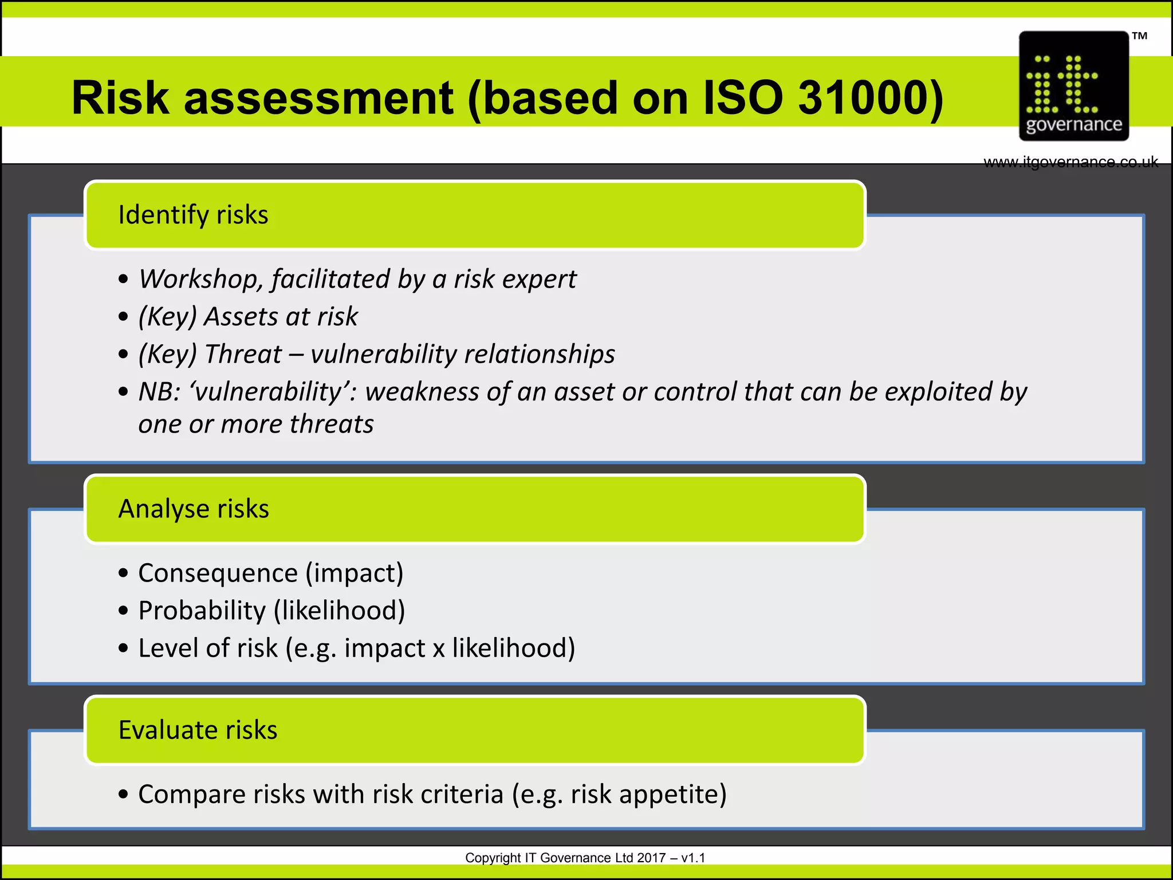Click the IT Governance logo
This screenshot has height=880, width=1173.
(1073, 86)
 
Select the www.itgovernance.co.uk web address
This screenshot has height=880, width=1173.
(1070, 162)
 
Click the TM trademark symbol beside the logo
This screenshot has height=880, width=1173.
(1139, 36)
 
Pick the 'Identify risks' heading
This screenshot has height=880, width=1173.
(193, 215)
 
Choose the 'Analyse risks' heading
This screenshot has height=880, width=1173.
(194, 509)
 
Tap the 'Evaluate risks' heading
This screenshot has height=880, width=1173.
(198, 730)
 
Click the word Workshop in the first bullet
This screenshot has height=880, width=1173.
(201, 280)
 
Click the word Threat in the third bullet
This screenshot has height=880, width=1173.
(243, 354)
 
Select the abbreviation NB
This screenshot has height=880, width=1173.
(158, 392)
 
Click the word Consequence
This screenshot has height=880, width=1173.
(218, 573)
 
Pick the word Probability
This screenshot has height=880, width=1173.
(202, 611)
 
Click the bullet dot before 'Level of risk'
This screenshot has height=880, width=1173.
(123, 649)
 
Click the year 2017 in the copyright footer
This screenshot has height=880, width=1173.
(651, 858)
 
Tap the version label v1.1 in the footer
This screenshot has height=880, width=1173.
(693, 858)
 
